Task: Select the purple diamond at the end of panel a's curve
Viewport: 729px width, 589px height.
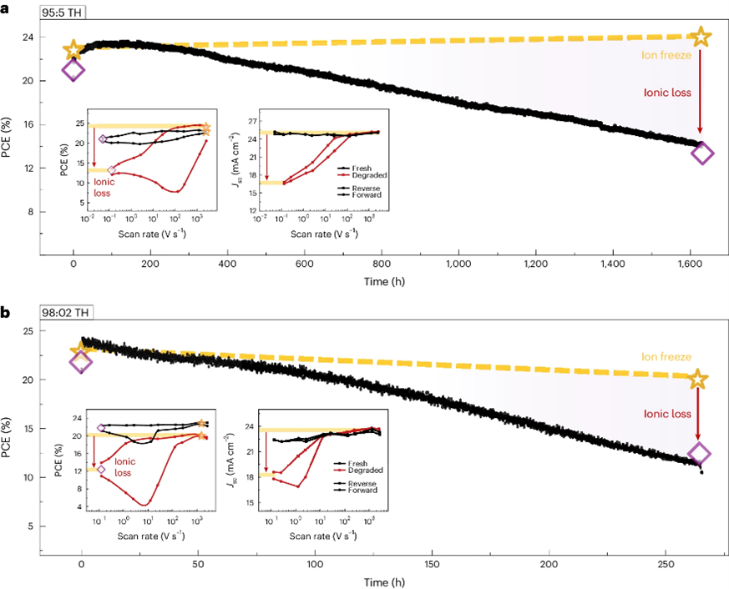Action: click(702, 153)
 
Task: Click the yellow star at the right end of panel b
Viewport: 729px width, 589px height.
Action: click(699, 380)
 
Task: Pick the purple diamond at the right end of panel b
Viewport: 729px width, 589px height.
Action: click(700, 454)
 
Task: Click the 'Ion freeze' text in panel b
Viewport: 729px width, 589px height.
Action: click(666, 357)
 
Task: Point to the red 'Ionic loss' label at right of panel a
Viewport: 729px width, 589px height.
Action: click(669, 93)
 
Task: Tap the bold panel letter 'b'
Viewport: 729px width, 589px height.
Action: click(6, 313)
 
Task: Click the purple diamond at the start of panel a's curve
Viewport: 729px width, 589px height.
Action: click(73, 71)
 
